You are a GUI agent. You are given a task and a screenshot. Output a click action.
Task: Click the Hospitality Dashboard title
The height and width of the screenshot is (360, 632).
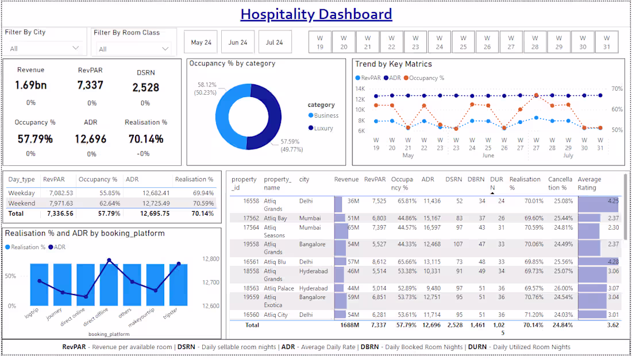click(316, 14)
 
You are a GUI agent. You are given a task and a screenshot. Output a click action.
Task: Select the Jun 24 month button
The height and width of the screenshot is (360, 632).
click(238, 42)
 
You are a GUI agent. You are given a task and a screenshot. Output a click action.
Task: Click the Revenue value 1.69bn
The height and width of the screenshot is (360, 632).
click(30, 86)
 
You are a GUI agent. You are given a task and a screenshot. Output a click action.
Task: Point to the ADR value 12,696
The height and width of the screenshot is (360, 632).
click(91, 139)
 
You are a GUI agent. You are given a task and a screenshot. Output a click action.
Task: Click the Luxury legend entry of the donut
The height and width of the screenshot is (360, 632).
click(323, 128)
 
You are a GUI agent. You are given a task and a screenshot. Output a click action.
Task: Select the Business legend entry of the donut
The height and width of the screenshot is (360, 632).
click(325, 115)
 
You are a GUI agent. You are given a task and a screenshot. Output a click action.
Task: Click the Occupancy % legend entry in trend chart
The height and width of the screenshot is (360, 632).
click(426, 78)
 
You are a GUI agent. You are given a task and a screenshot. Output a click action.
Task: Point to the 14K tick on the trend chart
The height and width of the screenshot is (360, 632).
click(360, 89)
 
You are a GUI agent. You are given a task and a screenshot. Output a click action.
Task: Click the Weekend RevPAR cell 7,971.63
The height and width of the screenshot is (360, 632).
click(58, 203)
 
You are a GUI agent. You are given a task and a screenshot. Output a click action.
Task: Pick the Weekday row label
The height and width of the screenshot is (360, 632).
click(21, 193)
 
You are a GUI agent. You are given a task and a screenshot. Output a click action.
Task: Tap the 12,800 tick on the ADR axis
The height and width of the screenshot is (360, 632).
click(211, 259)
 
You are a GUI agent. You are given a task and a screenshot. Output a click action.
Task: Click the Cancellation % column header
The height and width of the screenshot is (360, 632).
click(560, 183)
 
